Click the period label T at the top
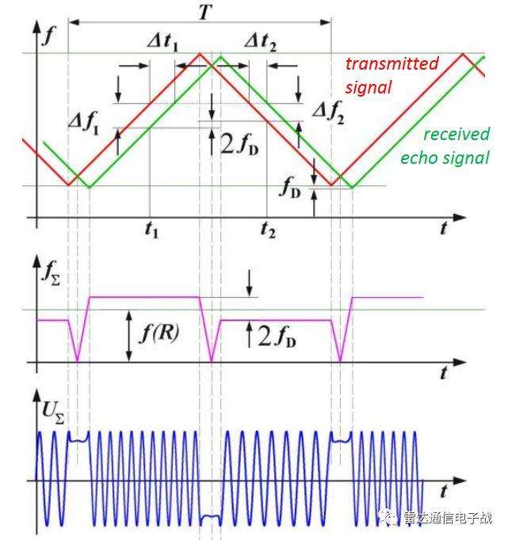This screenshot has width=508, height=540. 204,13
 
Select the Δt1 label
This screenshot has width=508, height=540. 163,43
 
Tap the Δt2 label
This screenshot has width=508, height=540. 261,43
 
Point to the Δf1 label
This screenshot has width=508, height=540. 84,124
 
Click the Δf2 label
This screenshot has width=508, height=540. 328,112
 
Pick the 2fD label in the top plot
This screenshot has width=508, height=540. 239,144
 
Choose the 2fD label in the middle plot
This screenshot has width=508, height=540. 277,337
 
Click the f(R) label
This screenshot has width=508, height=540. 159,333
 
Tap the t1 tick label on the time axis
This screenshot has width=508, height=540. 151,230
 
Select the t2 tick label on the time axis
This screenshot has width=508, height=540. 268,230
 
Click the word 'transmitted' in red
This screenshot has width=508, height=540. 392,64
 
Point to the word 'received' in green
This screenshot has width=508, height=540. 456,135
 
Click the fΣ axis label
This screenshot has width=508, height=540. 51,273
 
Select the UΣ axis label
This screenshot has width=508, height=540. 53,413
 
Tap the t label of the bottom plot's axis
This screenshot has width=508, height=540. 445,491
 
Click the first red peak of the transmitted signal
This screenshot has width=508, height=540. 200,54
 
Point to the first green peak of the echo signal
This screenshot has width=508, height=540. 220,56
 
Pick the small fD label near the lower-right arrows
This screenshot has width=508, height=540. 290,188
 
